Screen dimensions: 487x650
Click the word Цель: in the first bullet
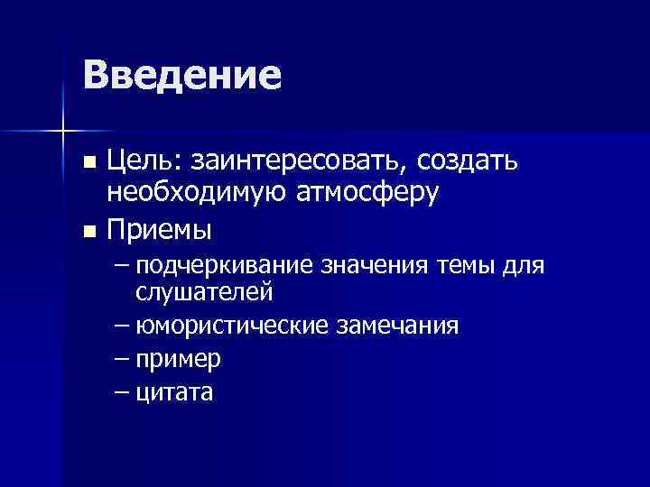point(142,163)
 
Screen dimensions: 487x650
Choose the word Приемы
point(160,230)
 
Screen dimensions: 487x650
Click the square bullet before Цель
point(88,164)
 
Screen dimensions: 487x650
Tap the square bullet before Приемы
point(88,231)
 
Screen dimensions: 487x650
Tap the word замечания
point(397,325)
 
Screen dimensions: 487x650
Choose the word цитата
point(176,392)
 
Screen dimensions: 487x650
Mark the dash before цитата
point(123,392)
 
